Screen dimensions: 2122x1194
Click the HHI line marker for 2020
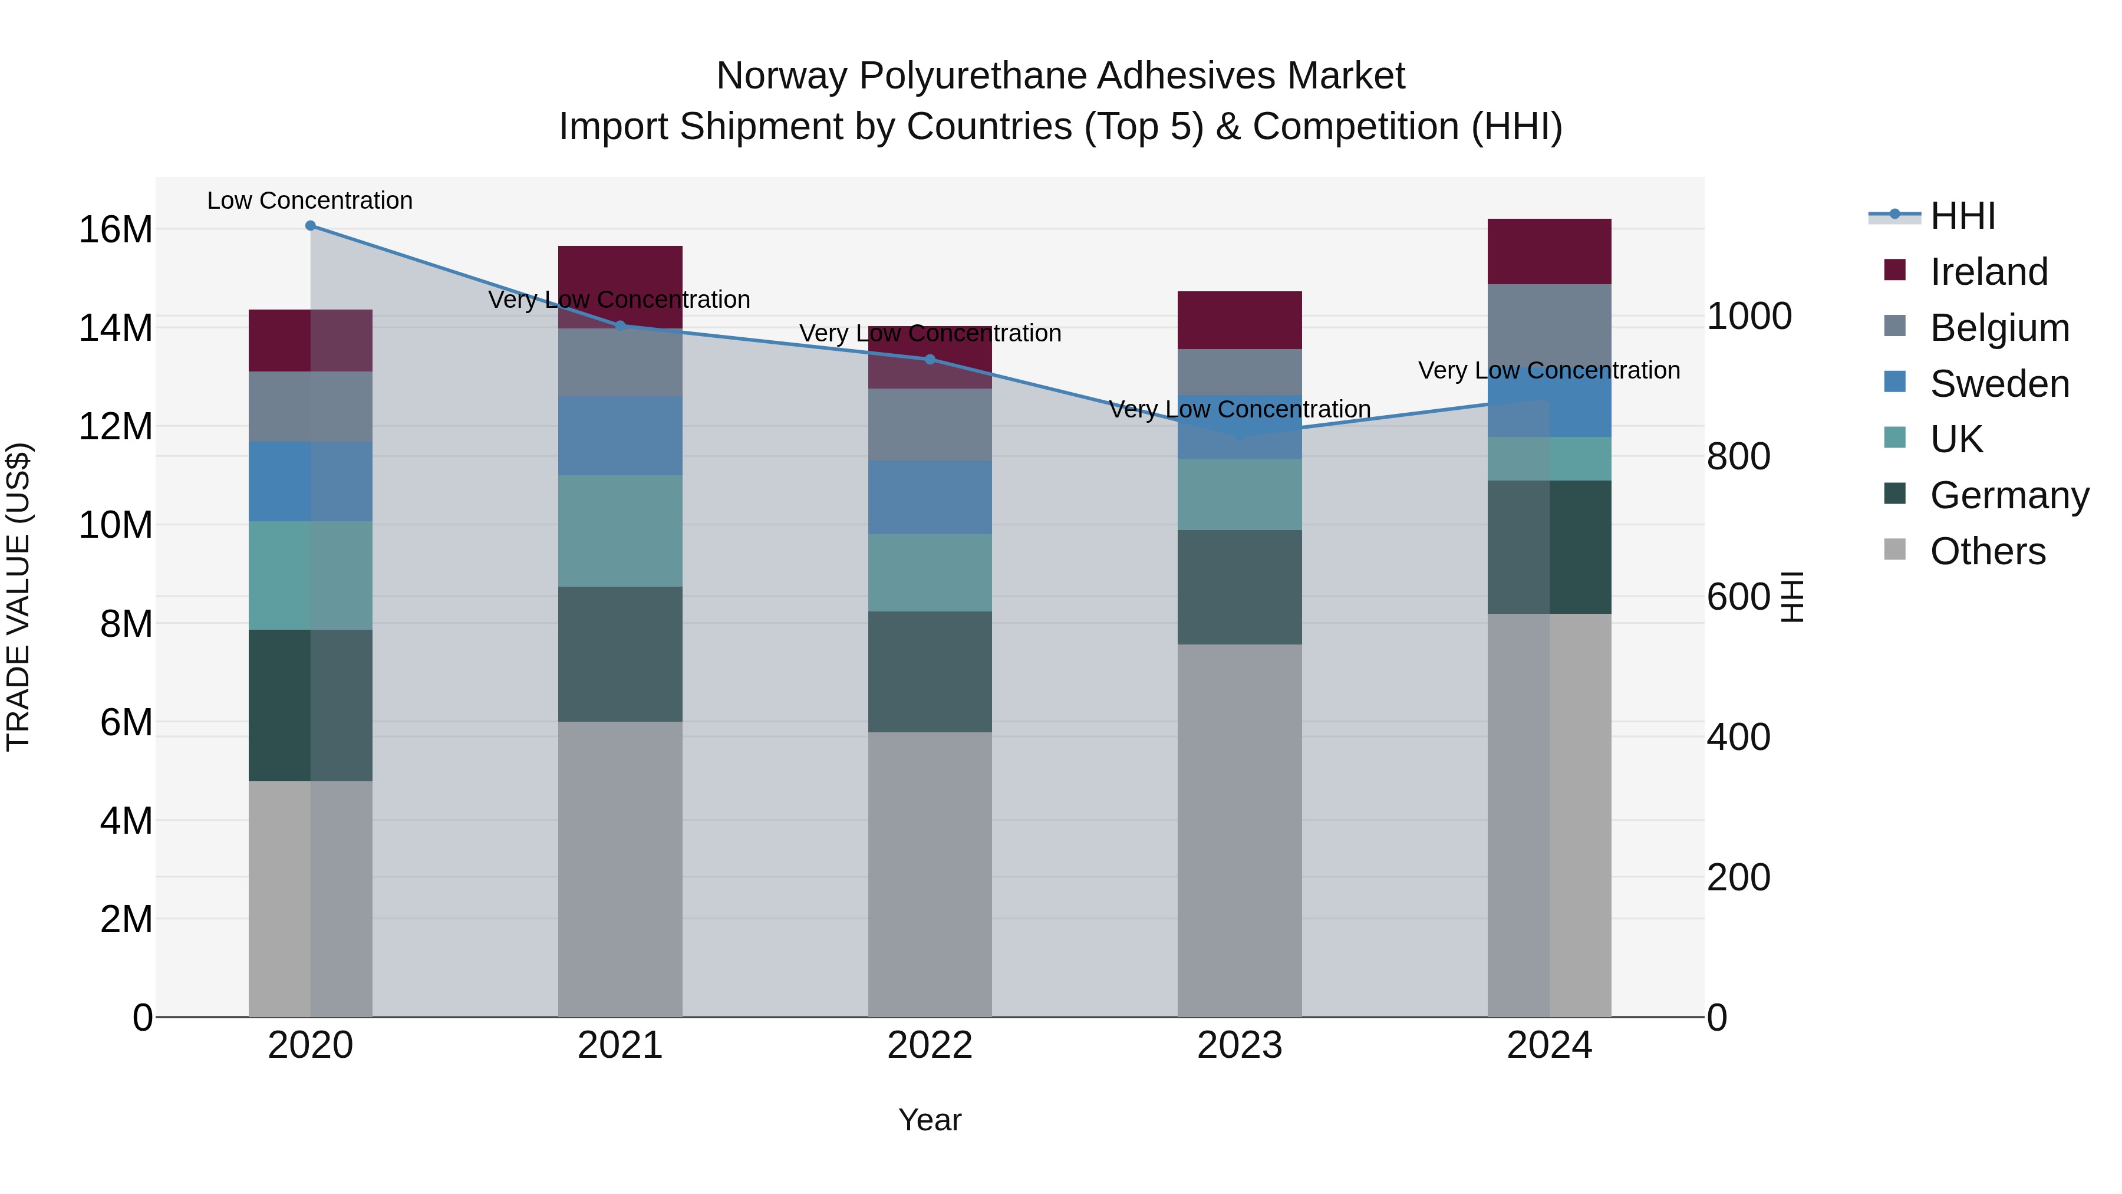[x=311, y=226]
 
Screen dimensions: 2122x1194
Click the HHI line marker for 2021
[x=620, y=325]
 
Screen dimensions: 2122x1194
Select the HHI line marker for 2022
[x=930, y=359]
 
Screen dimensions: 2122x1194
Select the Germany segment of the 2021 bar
[x=620, y=654]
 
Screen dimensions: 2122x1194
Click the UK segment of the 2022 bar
[x=930, y=573]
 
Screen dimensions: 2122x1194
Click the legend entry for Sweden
[x=1999, y=384]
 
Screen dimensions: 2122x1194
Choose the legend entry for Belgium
[x=1999, y=328]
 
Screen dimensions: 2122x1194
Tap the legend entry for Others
[x=1987, y=551]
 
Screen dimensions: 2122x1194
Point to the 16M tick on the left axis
[x=116, y=229]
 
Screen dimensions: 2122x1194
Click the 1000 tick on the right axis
[x=1749, y=317]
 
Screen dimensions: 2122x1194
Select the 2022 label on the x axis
[x=930, y=1045]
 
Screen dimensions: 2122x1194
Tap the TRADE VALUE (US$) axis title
[x=18, y=597]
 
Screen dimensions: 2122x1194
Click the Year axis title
[x=930, y=1120]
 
